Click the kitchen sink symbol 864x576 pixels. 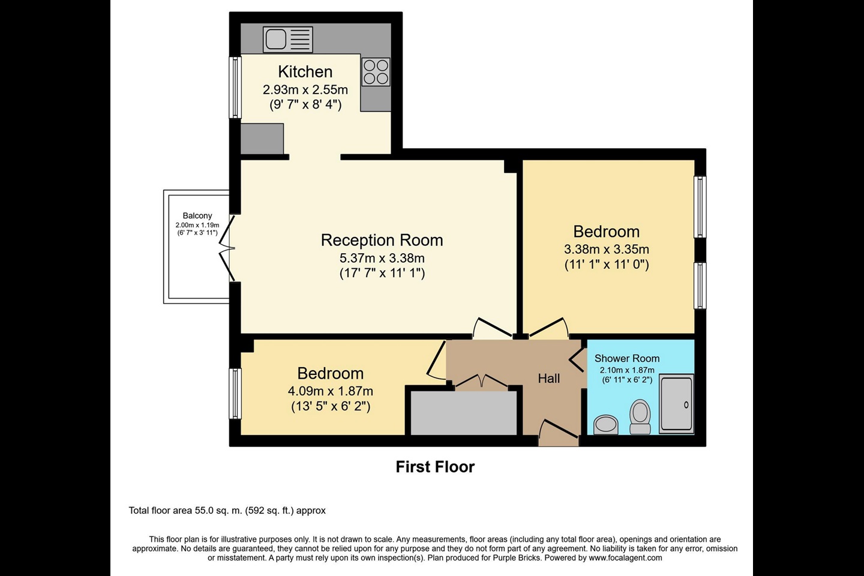pyautogui.click(x=288, y=40)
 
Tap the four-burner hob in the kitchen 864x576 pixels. pyautogui.click(x=376, y=72)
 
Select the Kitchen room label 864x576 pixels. pyautogui.click(x=305, y=72)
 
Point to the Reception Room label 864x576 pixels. pyautogui.click(x=382, y=240)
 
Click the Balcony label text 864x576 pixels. pyautogui.click(x=197, y=215)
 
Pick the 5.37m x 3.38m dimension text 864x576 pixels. pyautogui.click(x=382, y=258)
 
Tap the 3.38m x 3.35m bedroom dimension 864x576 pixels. pyautogui.click(x=606, y=249)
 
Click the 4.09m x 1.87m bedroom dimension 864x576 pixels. pyautogui.click(x=330, y=391)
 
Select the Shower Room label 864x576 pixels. pyautogui.click(x=627, y=358)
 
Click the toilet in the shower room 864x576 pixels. pyautogui.click(x=640, y=416)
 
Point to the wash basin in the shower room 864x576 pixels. pyautogui.click(x=605, y=425)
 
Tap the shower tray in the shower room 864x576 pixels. pyautogui.click(x=676, y=403)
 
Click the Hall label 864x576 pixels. pyautogui.click(x=548, y=379)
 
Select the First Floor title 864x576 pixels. pyautogui.click(x=435, y=467)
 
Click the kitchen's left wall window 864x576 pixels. pyautogui.click(x=235, y=88)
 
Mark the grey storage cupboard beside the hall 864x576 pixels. pyautogui.click(x=463, y=413)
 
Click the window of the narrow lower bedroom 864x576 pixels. pyautogui.click(x=235, y=393)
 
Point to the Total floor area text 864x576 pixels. pyautogui.click(x=227, y=511)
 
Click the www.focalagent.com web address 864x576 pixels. pyautogui.click(x=625, y=558)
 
